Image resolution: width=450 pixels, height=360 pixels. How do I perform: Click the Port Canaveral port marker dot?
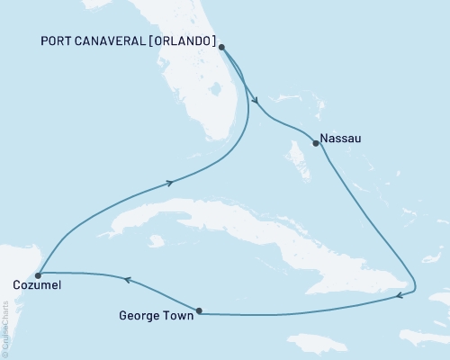pos(221,48)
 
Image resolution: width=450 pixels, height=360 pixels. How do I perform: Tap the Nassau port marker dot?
pos(315,142)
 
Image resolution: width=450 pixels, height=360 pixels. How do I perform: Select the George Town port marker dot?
pos(199,311)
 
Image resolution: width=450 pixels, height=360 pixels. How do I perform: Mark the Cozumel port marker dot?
pos(38,275)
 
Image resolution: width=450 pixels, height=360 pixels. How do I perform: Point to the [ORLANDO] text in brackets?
pos(190,41)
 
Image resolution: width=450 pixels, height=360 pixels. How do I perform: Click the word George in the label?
pos(139,316)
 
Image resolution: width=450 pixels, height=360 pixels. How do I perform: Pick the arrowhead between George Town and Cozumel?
pos(127,281)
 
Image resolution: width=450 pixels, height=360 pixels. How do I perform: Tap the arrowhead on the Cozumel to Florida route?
pos(168,183)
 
